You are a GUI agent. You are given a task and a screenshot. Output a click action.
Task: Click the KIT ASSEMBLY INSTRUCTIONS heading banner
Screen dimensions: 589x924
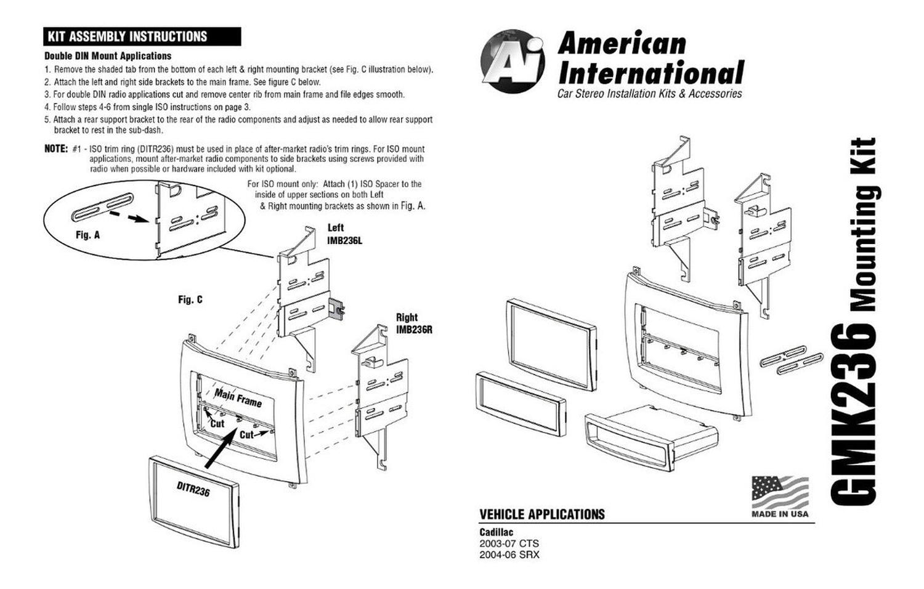pos(142,36)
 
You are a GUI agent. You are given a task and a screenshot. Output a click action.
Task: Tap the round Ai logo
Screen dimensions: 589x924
pos(513,60)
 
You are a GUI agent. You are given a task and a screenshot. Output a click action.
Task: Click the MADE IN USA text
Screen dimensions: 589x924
pos(780,514)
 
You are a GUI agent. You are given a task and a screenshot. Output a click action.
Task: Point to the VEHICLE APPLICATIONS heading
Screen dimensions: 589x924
pos(542,514)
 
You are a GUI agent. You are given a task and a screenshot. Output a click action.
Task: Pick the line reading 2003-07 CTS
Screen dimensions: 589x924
pos(509,543)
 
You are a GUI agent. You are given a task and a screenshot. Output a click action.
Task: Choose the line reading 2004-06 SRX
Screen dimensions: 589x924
pos(509,554)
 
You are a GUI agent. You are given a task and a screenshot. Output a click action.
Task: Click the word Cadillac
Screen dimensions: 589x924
pos(496,532)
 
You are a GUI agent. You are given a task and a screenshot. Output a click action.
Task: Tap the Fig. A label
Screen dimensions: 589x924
pos(87,235)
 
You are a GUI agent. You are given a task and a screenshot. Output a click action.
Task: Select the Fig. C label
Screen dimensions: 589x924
pos(190,299)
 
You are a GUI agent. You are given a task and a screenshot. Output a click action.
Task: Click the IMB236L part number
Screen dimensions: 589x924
pos(344,240)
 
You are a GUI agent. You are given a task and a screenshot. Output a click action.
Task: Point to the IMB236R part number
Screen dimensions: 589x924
pos(414,330)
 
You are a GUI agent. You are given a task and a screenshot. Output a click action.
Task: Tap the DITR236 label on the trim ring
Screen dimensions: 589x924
pos(193,489)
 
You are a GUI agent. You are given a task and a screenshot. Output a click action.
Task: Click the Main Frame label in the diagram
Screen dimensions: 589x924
pos(238,397)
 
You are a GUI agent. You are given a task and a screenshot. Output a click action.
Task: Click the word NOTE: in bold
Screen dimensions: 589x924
pos(55,148)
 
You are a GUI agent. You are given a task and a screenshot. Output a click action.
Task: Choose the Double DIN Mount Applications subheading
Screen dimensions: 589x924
pos(108,55)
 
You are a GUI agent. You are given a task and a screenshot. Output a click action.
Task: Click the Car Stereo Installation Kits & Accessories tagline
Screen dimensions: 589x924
pos(649,94)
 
